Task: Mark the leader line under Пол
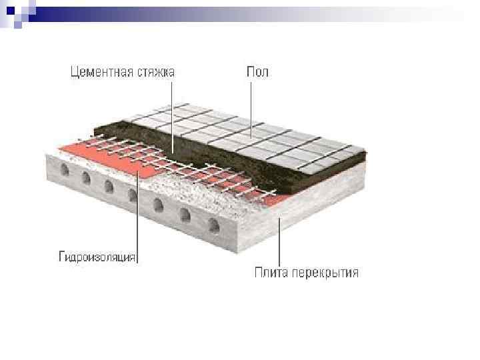(251, 107)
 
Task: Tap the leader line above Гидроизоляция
(137, 213)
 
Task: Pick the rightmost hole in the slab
(213, 225)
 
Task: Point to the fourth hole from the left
(133, 195)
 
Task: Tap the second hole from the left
(87, 178)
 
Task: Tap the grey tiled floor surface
(253, 133)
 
